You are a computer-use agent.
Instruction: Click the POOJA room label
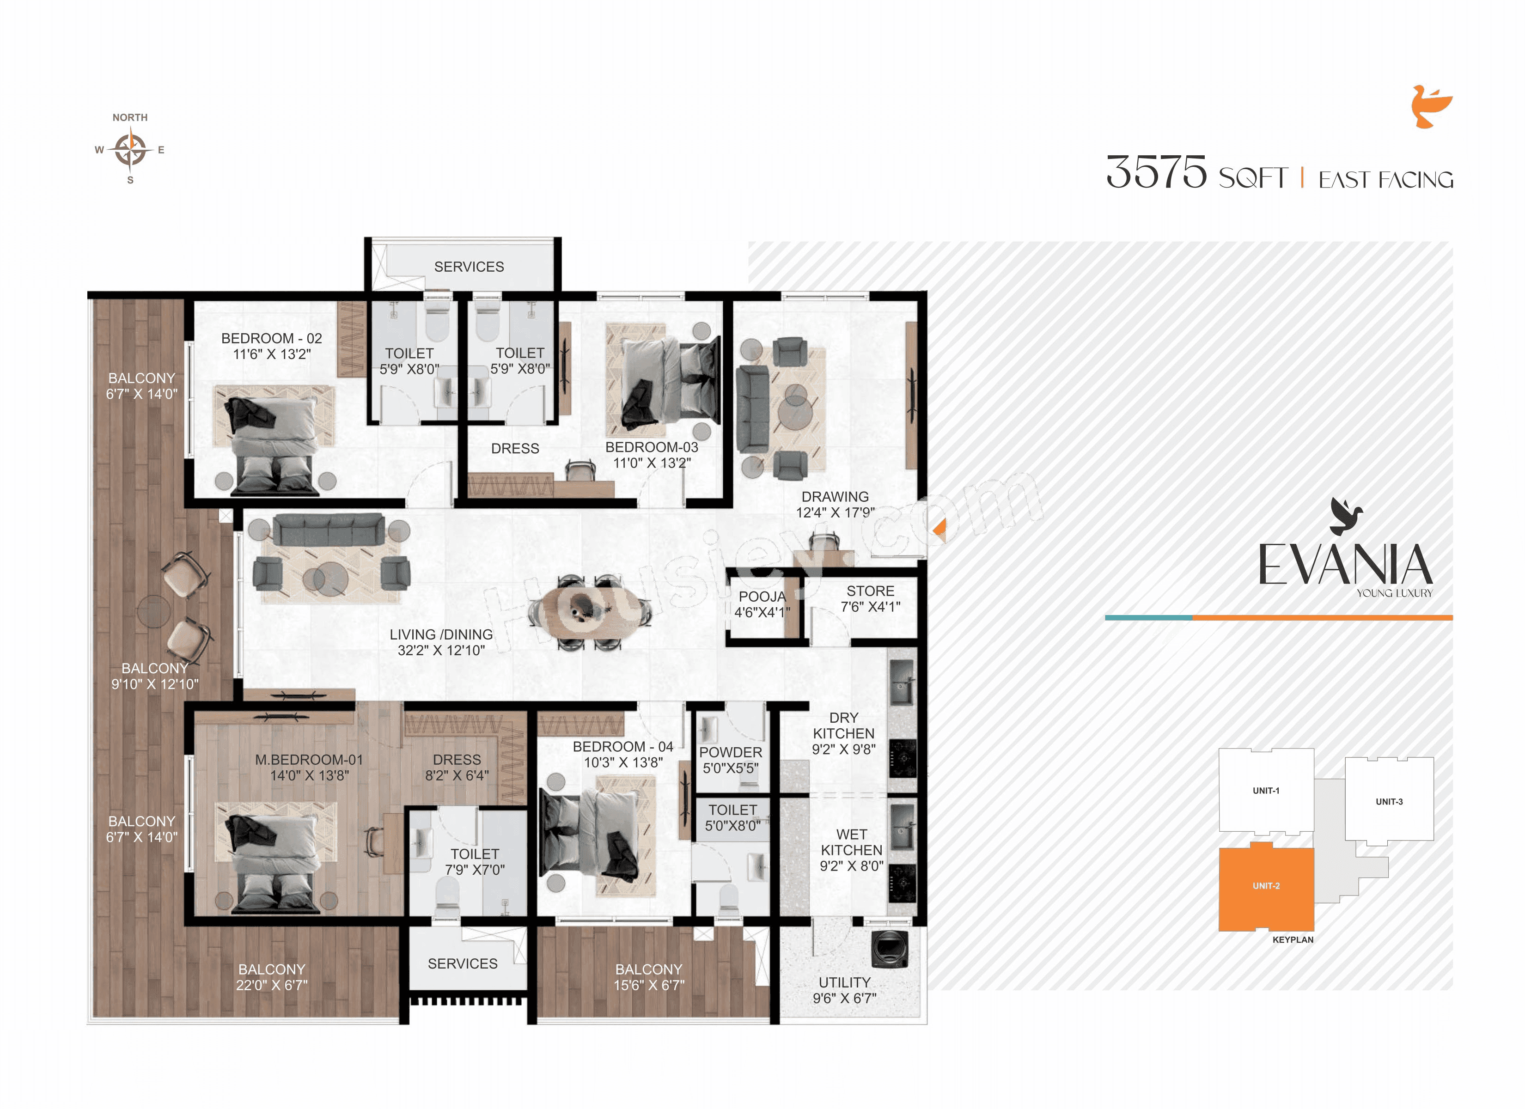tap(762, 604)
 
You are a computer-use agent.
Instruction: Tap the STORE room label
tap(870, 598)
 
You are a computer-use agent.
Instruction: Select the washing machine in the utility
tap(889, 950)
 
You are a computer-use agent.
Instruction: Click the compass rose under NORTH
tap(130, 149)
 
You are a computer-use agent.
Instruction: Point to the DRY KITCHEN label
tap(843, 733)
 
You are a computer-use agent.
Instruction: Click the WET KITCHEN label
tap(851, 850)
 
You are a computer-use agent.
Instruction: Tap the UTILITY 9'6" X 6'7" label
tap(845, 990)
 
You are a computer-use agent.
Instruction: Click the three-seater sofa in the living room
tap(329, 529)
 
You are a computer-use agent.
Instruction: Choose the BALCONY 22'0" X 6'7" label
tap(272, 976)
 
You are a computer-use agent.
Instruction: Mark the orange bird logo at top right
tap(1431, 107)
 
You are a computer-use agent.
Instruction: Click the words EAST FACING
tap(1386, 180)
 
